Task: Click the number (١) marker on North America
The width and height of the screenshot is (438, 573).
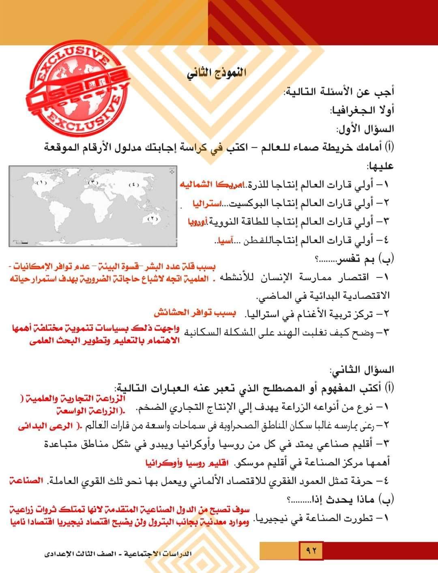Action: click(42, 183)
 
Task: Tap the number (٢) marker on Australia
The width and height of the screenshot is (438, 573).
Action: click(152, 219)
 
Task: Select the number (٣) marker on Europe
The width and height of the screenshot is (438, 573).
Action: click(94, 182)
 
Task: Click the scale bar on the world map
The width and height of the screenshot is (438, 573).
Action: click(20, 242)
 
